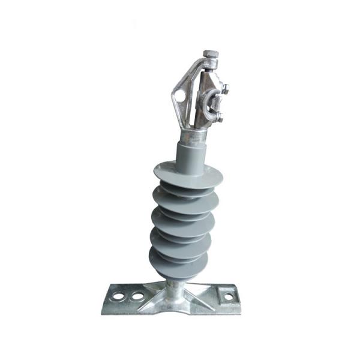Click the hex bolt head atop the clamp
coord(211,55)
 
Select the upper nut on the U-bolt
coord(224,90)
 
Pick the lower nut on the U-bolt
coord(221,118)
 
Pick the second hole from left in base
coord(138,296)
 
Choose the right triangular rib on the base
coord(201,293)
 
